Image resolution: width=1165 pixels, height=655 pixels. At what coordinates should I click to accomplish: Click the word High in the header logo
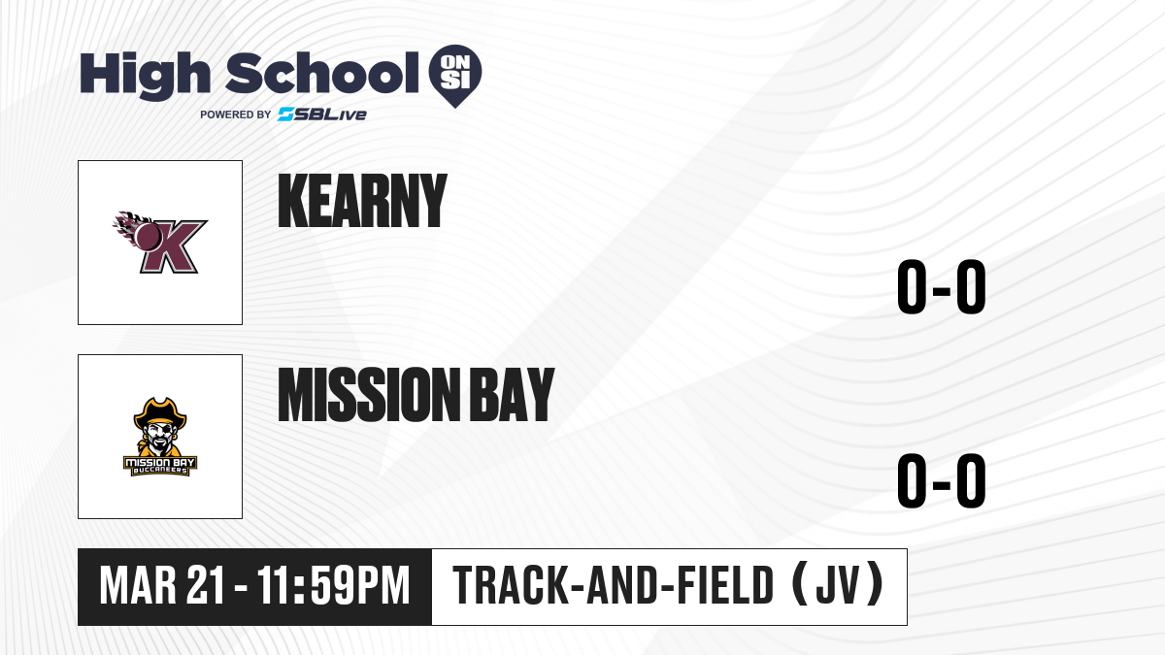[145, 76]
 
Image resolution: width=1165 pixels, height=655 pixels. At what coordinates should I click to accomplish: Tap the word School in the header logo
[322, 73]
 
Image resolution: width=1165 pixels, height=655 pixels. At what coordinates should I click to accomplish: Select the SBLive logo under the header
[322, 115]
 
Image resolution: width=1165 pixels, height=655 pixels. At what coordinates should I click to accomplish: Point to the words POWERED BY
[236, 115]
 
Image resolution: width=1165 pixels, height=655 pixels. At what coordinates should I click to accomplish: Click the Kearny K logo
[159, 243]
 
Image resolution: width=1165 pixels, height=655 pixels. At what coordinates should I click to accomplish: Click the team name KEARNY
[362, 201]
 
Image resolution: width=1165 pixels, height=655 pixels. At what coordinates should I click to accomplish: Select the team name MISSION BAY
[416, 395]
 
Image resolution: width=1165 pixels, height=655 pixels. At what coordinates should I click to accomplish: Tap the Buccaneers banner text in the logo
[160, 471]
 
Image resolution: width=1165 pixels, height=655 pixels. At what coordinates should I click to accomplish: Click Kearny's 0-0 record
[942, 286]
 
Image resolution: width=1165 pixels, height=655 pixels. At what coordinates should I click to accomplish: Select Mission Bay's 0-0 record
[942, 480]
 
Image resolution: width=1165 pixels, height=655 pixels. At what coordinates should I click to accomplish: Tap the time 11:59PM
[333, 585]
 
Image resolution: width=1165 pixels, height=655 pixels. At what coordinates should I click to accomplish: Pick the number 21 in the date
[207, 585]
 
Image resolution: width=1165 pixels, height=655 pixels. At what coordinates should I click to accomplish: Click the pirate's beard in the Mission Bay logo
[160, 447]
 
